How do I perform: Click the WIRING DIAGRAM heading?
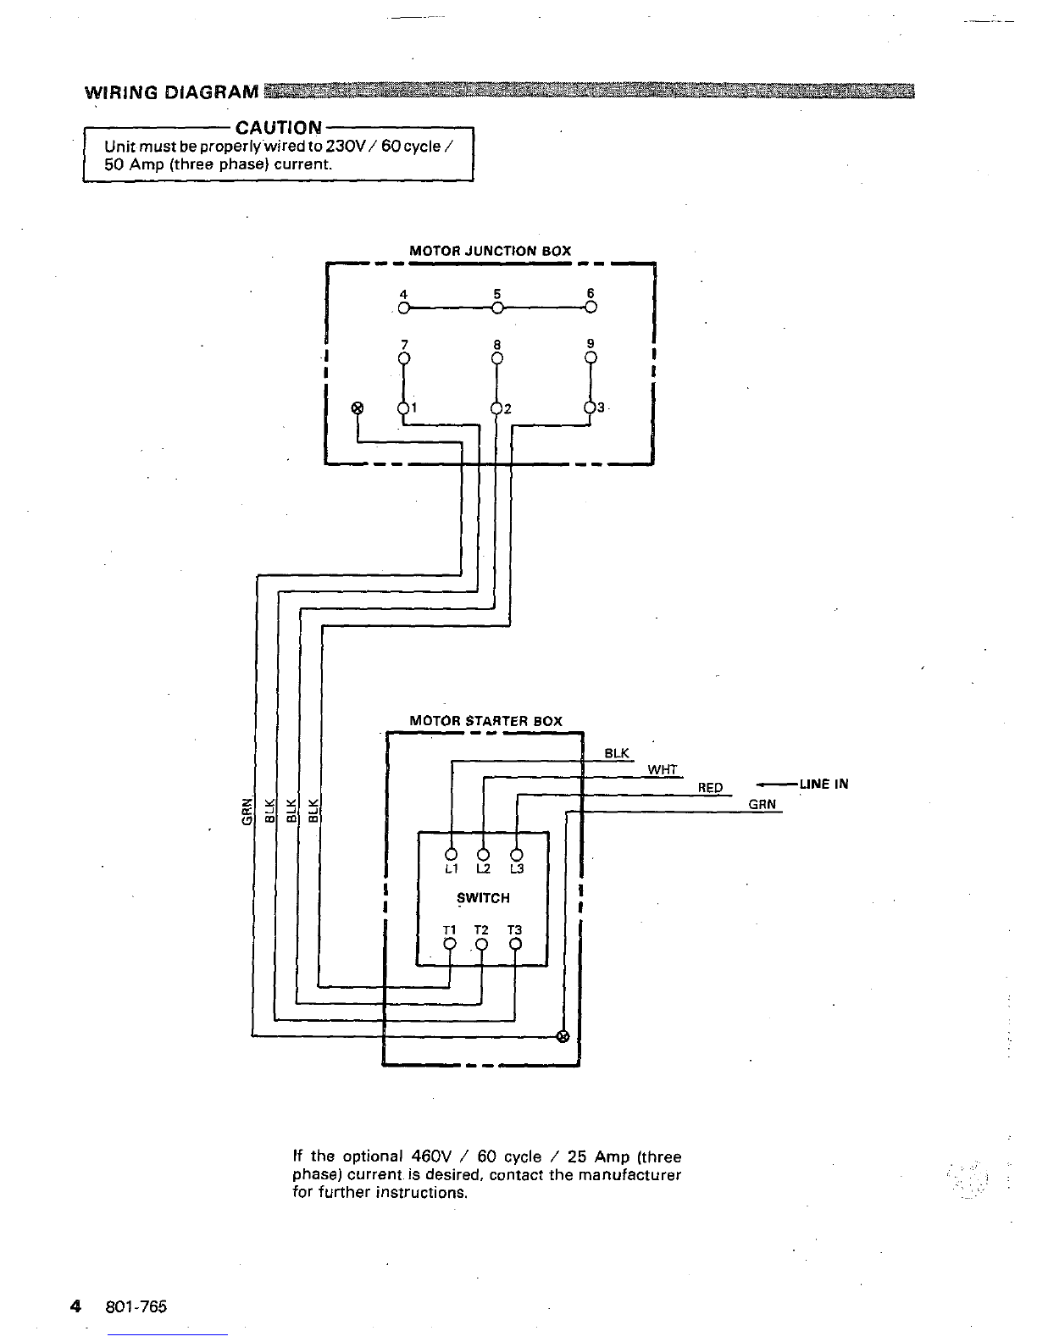[172, 92]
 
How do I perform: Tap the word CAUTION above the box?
[279, 128]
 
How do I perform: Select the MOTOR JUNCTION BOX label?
[491, 251]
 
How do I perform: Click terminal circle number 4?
[404, 308]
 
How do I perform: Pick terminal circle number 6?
[591, 307]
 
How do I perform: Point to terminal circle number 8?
[497, 358]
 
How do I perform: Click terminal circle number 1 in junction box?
[404, 408]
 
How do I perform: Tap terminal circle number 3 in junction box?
[591, 408]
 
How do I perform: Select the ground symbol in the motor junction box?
[357, 408]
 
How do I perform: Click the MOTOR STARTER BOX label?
[486, 721]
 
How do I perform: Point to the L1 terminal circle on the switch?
[452, 854]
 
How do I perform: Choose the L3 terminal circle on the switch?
[517, 855]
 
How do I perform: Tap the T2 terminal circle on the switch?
[482, 945]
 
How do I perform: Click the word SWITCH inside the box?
[483, 898]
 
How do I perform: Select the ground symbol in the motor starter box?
[563, 1036]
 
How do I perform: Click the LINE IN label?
[823, 784]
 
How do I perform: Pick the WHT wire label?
[663, 769]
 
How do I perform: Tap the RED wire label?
[710, 787]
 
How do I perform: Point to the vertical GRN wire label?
[247, 811]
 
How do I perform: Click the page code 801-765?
[136, 1306]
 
